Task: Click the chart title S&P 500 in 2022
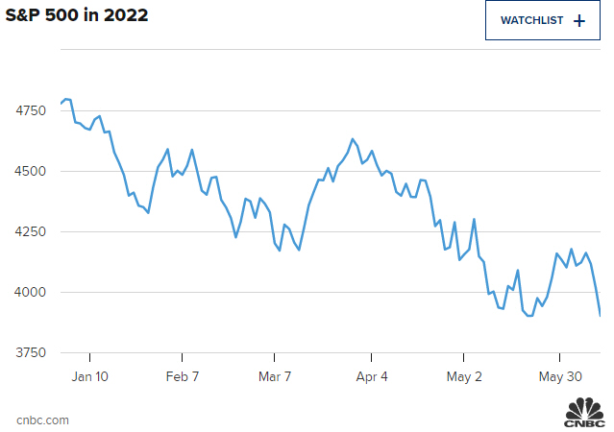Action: pos(77,17)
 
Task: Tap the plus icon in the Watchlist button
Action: pos(578,20)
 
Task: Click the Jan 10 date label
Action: pos(90,377)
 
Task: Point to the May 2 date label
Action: pos(464,377)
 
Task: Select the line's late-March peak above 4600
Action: pos(353,139)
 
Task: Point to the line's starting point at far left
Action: pos(61,104)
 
